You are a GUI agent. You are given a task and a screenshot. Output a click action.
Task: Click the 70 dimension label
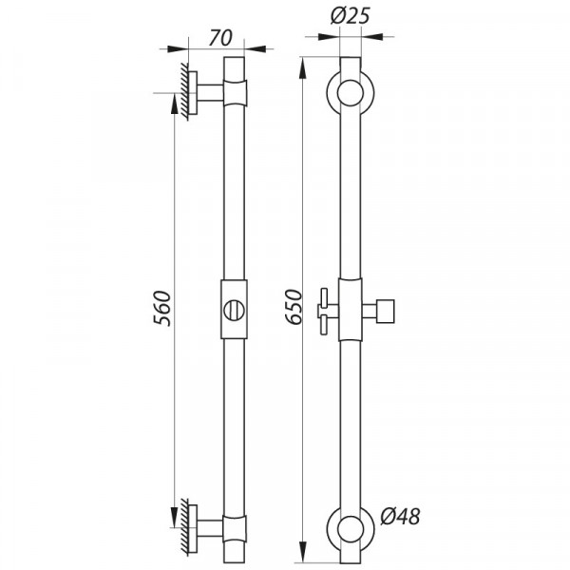[x=220, y=38]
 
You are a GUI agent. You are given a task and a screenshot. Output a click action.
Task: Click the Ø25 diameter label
[x=351, y=16]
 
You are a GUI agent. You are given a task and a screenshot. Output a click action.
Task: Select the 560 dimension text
[x=162, y=308]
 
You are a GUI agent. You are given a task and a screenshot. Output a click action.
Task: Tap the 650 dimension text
[x=294, y=307]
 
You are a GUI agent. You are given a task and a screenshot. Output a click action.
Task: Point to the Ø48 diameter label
[x=400, y=516]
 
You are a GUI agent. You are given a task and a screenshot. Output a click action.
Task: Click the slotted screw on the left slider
[x=234, y=311]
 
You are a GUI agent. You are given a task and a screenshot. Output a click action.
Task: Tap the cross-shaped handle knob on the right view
[x=324, y=312]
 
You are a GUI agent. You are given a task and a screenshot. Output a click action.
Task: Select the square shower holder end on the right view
[x=386, y=312]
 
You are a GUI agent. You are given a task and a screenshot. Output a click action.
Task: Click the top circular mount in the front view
[x=351, y=93]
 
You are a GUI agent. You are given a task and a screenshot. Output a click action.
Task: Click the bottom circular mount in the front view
[x=351, y=528]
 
